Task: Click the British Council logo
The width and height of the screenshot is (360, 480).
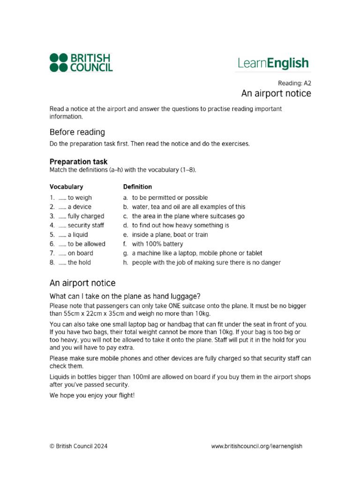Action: (x=81, y=63)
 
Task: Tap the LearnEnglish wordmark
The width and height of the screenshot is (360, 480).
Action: (x=273, y=63)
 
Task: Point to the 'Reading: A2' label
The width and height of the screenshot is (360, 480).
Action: (x=295, y=82)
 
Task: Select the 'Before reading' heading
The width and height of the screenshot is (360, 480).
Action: (x=77, y=132)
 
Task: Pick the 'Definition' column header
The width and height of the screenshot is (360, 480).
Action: (x=137, y=187)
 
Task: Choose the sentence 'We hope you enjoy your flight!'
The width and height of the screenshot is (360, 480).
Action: (x=92, y=395)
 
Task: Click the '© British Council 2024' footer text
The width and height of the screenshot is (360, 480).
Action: (x=78, y=446)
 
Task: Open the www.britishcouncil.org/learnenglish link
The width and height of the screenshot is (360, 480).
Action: (x=256, y=446)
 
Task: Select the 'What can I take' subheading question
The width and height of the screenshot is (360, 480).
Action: (x=125, y=296)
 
